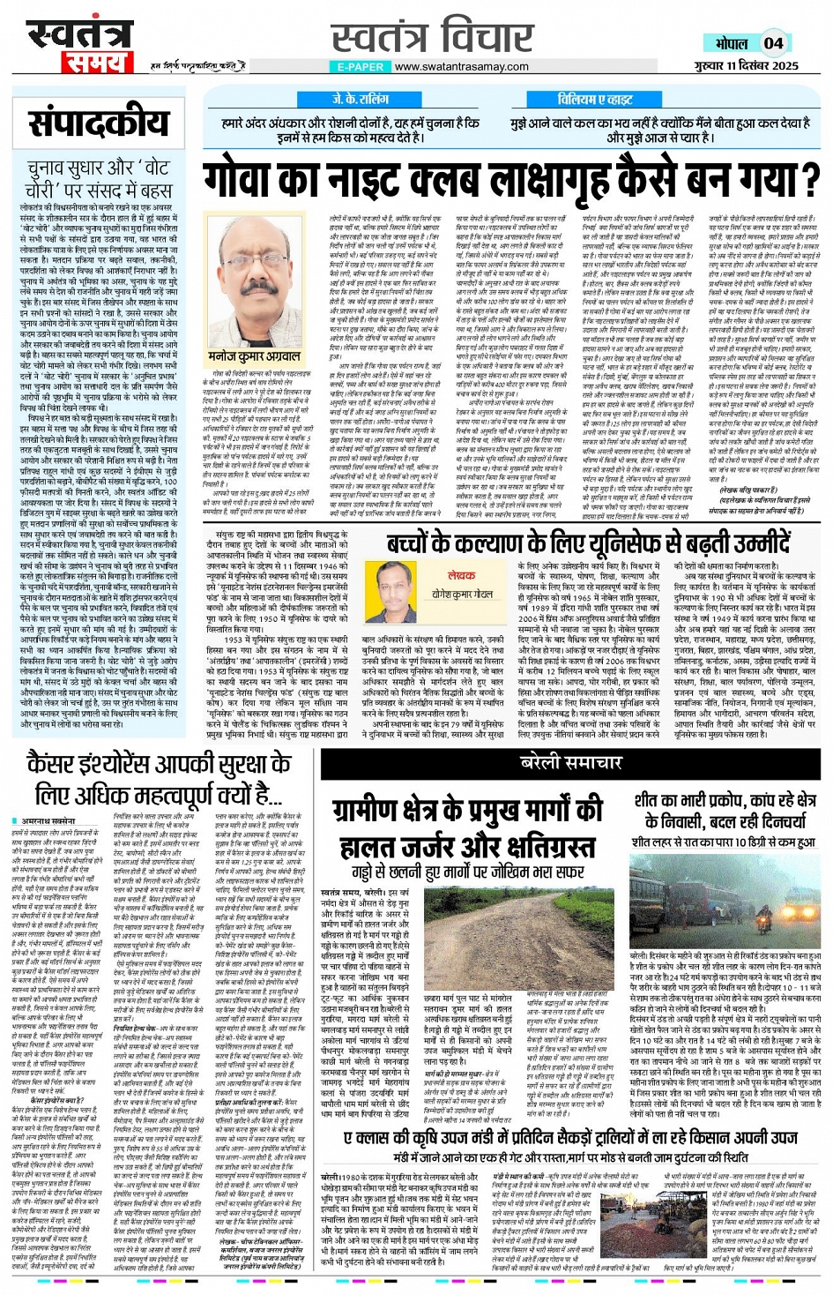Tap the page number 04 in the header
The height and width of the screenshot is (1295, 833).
pyautogui.click(x=773, y=42)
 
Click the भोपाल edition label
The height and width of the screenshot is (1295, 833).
pyautogui.click(x=732, y=43)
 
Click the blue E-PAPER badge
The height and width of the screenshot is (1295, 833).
pyautogui.click(x=361, y=66)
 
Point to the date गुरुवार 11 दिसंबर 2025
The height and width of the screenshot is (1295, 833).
pyautogui.click(x=745, y=66)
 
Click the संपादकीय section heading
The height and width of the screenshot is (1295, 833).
pyautogui.click(x=98, y=124)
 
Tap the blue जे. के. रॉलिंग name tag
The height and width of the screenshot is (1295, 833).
pyautogui.click(x=360, y=100)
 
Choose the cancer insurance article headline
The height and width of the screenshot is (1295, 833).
pyautogui.click(x=159, y=778)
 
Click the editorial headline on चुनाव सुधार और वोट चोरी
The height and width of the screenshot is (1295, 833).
pyautogui.click(x=98, y=177)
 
